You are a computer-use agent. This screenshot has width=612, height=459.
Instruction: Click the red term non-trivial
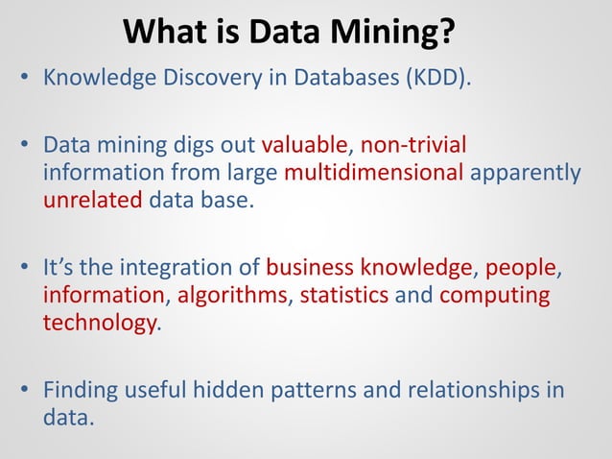[412, 147]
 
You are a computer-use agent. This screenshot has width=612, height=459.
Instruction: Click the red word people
[521, 265]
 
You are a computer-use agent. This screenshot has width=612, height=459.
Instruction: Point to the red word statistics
[345, 293]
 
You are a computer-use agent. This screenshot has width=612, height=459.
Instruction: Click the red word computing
[495, 293]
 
